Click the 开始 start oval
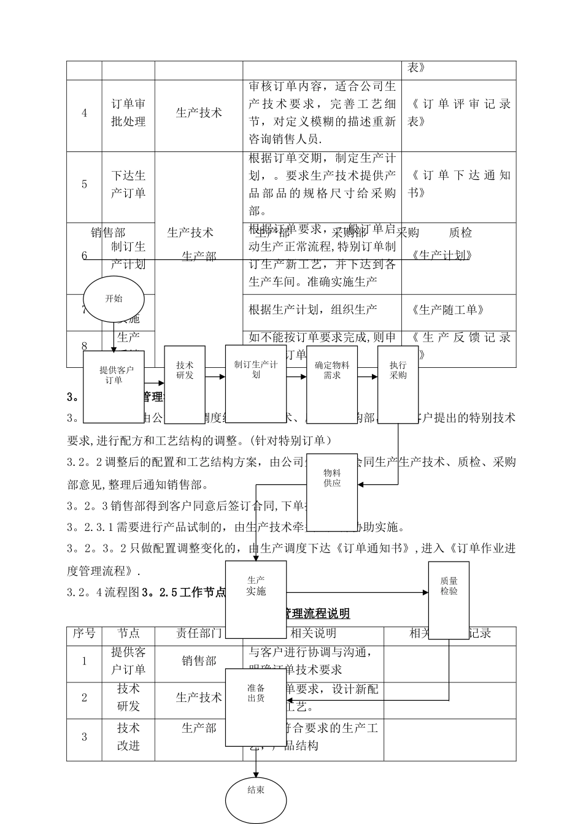click(x=114, y=299)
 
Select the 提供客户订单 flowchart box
click(x=114, y=386)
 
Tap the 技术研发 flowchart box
click(x=185, y=384)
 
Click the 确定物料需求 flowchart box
click(x=332, y=384)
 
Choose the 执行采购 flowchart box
click(x=398, y=384)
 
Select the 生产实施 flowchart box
click(x=256, y=599)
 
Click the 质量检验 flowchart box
click(x=449, y=599)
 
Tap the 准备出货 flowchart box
click(x=256, y=707)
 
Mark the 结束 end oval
click(x=256, y=799)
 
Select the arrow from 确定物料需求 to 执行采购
click(x=367, y=376)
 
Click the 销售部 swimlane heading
click(x=108, y=232)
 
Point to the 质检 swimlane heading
click(x=460, y=232)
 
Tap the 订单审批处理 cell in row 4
click(x=128, y=113)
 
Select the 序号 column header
click(x=84, y=633)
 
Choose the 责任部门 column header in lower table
click(x=199, y=633)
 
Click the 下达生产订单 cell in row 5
click(x=128, y=184)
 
